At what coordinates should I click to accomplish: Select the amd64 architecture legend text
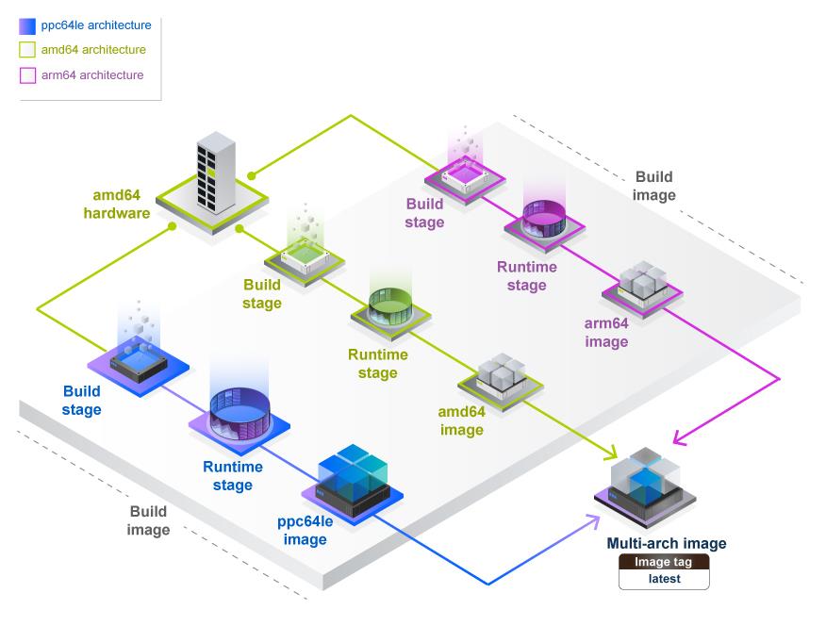(x=93, y=50)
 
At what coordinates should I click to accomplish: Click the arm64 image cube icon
(x=642, y=288)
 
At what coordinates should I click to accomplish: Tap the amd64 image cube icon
(x=501, y=378)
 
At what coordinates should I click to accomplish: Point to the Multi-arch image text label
(x=666, y=544)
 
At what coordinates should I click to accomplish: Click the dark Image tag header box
(x=664, y=563)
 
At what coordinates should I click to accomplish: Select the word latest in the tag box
(x=664, y=580)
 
